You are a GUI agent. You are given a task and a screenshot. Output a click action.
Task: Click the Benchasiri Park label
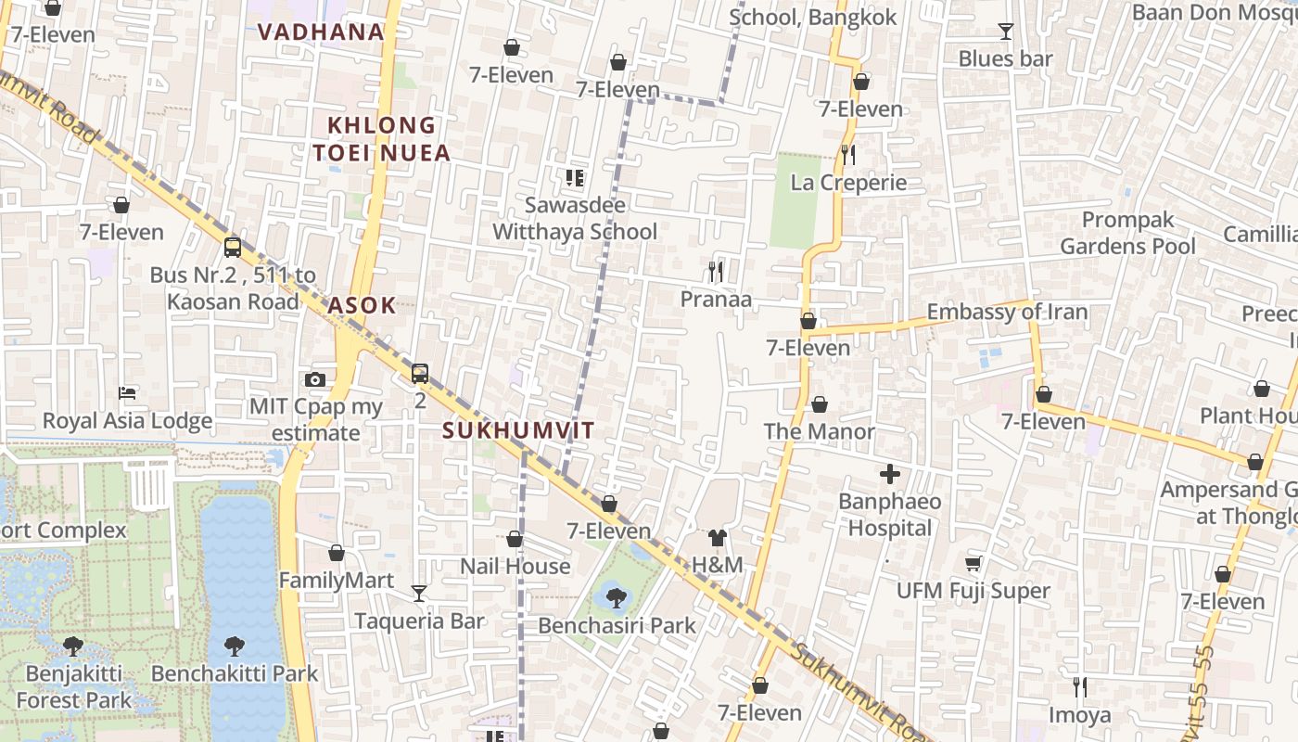(x=617, y=626)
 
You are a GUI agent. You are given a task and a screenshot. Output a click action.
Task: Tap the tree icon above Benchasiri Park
(x=616, y=598)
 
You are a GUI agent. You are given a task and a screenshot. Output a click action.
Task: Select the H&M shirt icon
(x=717, y=537)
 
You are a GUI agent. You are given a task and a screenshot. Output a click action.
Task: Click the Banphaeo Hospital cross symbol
(x=890, y=475)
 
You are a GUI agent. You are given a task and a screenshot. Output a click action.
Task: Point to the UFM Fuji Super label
(x=973, y=591)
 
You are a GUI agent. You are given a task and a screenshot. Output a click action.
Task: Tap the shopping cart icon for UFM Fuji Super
(x=973, y=563)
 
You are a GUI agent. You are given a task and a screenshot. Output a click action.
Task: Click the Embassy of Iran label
(x=1007, y=312)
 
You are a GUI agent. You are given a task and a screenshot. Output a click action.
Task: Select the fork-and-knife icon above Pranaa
(x=715, y=272)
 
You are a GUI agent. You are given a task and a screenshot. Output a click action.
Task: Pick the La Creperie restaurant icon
(x=847, y=154)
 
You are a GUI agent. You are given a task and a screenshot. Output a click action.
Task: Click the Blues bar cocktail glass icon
(x=1005, y=32)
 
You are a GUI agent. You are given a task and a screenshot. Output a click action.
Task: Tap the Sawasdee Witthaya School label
(x=575, y=218)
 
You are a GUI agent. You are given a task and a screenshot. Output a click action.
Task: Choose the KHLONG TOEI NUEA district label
(x=381, y=138)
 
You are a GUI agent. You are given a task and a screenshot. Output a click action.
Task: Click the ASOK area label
(x=362, y=305)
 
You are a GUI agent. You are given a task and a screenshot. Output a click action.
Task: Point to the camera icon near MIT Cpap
(x=315, y=379)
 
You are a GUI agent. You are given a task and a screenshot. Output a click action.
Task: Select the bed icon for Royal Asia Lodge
(x=127, y=393)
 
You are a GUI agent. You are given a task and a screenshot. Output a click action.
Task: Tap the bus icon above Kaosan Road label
(x=233, y=248)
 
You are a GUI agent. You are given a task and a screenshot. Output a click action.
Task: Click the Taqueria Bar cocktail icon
(x=419, y=594)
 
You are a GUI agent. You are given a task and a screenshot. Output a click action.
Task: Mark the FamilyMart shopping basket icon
(x=337, y=554)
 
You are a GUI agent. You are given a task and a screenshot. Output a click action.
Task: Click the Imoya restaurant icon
(x=1079, y=687)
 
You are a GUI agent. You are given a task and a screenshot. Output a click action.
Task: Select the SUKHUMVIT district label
(x=517, y=430)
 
